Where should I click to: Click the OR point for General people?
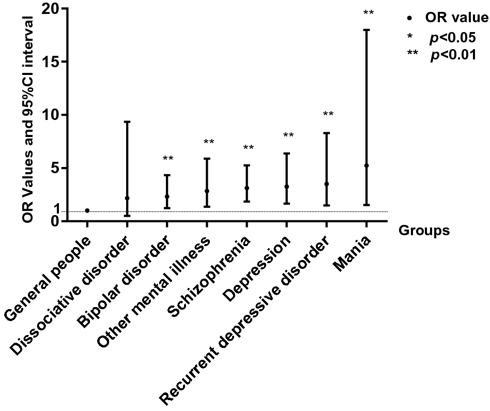[87, 210]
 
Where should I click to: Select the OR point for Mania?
[366, 165]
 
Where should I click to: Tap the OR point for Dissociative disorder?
[127, 198]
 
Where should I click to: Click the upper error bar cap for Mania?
[366, 30]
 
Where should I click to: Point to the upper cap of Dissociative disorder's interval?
[127, 121]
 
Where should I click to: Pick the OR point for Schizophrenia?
[247, 188]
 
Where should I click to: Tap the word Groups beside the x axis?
[424, 231]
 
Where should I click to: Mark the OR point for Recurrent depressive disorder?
[326, 184]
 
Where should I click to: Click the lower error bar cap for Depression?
[286, 203]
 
